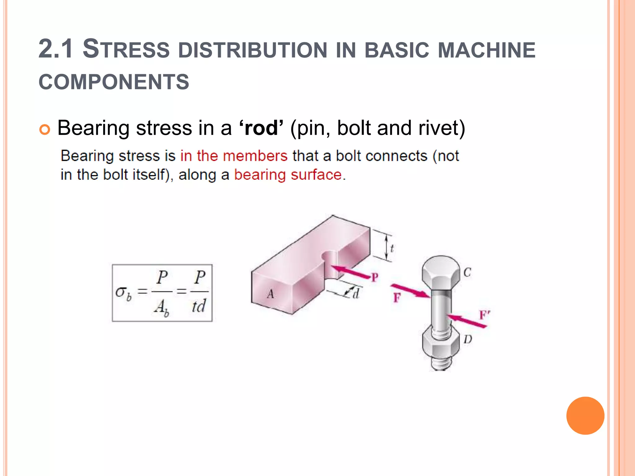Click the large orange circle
585,416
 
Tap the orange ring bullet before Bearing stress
45,129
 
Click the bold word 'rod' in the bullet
261,128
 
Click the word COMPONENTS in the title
114,82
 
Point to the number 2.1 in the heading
56,49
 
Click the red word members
255,156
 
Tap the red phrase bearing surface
288,175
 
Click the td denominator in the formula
198,306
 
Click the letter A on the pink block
270,294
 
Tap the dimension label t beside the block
392,248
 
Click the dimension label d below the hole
356,293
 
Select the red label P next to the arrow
375,277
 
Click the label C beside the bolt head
467,272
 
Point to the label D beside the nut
468,339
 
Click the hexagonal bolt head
441,273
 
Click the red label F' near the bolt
484,315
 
